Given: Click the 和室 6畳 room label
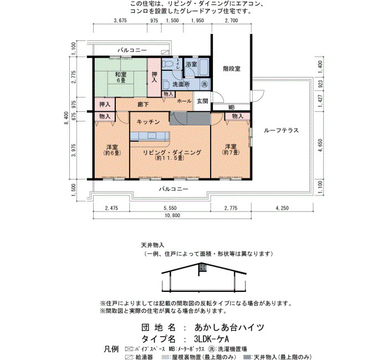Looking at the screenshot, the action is (x=120, y=77).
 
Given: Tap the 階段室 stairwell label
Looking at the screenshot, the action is (x=232, y=69).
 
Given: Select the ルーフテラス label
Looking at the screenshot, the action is (x=281, y=130).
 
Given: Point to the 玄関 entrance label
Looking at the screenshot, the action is (x=202, y=101).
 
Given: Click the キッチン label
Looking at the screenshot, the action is (x=148, y=122).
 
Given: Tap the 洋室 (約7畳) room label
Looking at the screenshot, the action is (x=231, y=150).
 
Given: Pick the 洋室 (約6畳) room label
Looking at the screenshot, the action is (x=112, y=150).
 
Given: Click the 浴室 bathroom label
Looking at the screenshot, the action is (x=191, y=64).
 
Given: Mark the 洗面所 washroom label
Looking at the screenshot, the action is (x=181, y=84).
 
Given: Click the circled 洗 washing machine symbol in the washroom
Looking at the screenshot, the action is (x=205, y=84).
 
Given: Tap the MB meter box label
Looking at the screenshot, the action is (x=231, y=107).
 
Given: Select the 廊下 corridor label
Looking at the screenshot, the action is (x=143, y=104).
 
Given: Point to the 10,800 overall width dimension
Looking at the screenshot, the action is (x=172, y=215).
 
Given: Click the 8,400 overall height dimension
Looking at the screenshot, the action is (x=67, y=118).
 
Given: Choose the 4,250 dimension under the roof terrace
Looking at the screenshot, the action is (x=282, y=208).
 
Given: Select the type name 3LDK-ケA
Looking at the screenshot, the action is (x=212, y=338).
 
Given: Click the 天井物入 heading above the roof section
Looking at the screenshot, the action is (x=152, y=245).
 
